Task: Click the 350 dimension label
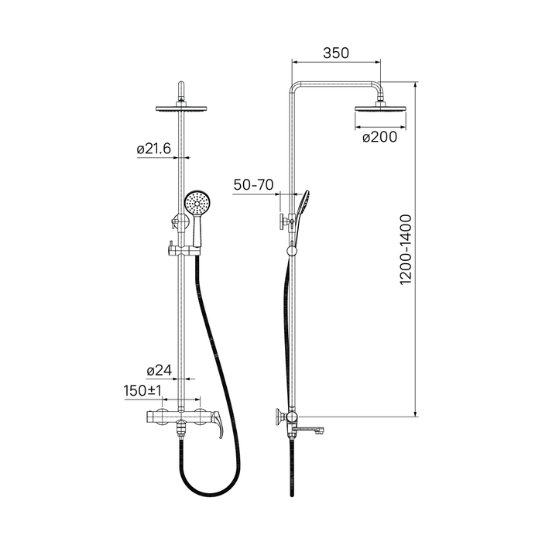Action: (x=335, y=53)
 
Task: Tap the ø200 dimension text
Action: (x=380, y=137)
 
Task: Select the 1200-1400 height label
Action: (x=406, y=249)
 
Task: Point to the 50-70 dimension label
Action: (x=253, y=184)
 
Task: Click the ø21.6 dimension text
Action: (x=154, y=149)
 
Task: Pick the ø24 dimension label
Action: (x=160, y=370)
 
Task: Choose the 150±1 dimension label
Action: (x=142, y=390)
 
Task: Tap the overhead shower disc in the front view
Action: (x=181, y=109)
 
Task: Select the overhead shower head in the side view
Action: (x=380, y=108)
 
